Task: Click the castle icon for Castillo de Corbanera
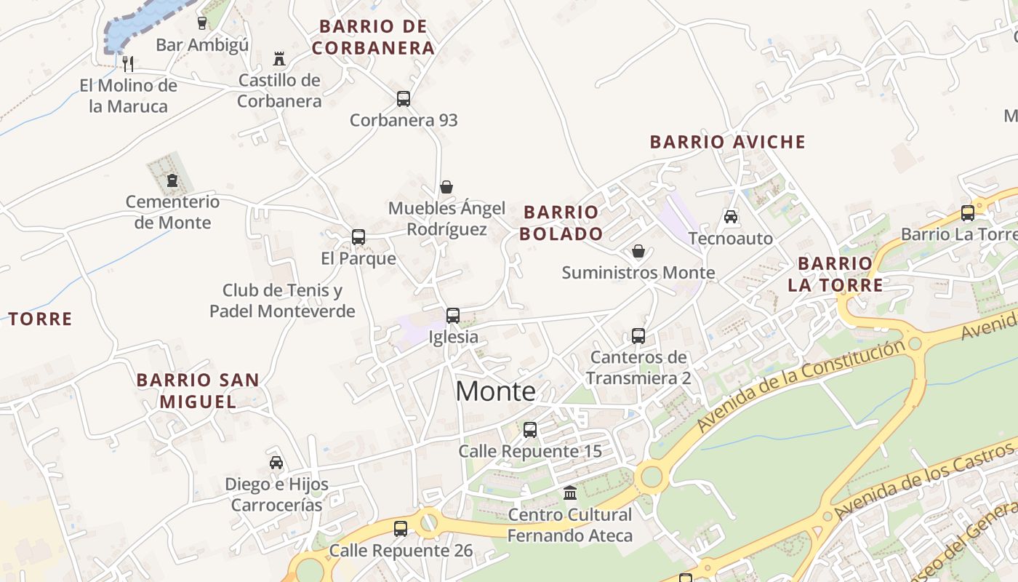pyautogui.click(x=279, y=58)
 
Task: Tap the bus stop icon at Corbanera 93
pyautogui.click(x=404, y=99)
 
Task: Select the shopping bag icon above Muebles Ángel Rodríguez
pyautogui.click(x=446, y=187)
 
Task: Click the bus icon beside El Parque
pyautogui.click(x=358, y=236)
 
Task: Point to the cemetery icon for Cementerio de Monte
pyautogui.click(x=172, y=180)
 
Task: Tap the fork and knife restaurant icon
pyautogui.click(x=128, y=63)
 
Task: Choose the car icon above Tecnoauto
pyautogui.click(x=731, y=217)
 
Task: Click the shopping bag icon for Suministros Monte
pyautogui.click(x=638, y=251)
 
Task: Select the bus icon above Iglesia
pyautogui.click(x=453, y=315)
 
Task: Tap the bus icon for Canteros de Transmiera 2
pyautogui.click(x=638, y=335)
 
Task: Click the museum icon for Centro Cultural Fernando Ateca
pyautogui.click(x=570, y=493)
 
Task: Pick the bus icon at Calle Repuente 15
pyautogui.click(x=530, y=429)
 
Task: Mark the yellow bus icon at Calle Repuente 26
pyautogui.click(x=401, y=529)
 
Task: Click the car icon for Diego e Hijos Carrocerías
pyautogui.click(x=276, y=463)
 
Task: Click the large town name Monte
pyautogui.click(x=495, y=391)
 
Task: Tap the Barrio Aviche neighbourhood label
pyautogui.click(x=728, y=142)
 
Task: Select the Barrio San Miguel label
pyautogui.click(x=198, y=391)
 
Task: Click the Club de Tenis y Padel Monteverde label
pyautogui.click(x=282, y=301)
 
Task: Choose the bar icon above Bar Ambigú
pyautogui.click(x=202, y=23)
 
